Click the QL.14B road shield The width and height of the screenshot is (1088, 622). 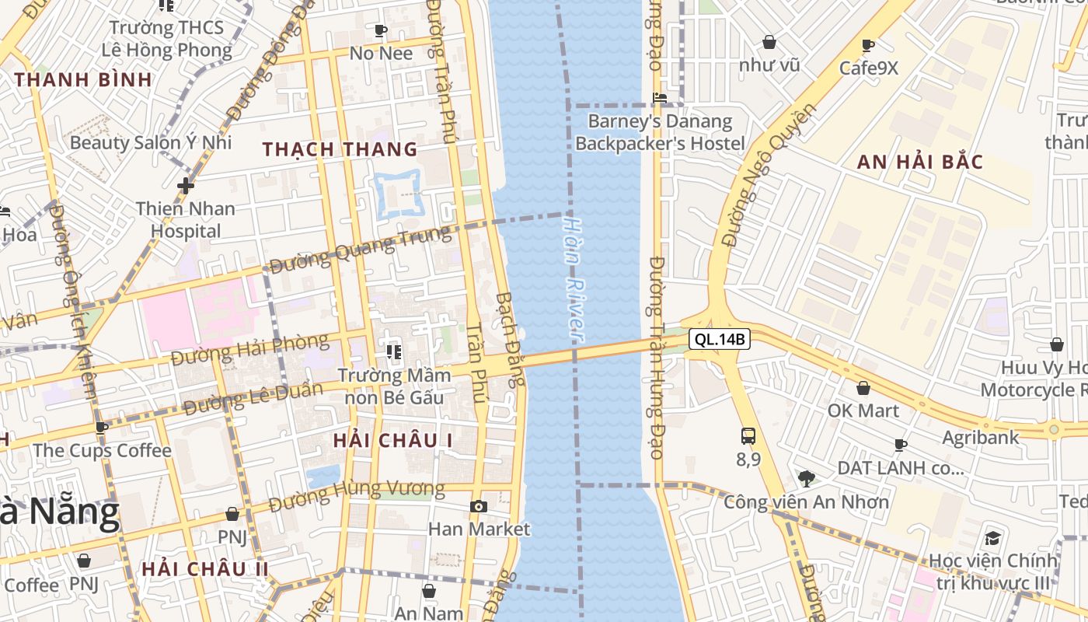click(x=719, y=339)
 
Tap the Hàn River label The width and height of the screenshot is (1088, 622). click(x=574, y=278)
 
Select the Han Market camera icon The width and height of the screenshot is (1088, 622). click(x=479, y=507)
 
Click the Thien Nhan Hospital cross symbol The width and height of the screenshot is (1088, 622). click(x=185, y=186)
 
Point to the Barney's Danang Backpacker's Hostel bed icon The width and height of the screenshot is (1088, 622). click(x=660, y=99)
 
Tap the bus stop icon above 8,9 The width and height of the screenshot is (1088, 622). click(x=748, y=436)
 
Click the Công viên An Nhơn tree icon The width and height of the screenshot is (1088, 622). click(x=807, y=479)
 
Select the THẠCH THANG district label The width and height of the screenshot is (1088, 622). click(x=340, y=149)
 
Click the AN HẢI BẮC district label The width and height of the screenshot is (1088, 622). click(x=920, y=162)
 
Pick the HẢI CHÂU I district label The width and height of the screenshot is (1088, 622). click(x=393, y=440)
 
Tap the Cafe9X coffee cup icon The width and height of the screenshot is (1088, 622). click(x=868, y=46)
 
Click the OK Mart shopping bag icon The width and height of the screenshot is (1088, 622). click(x=863, y=388)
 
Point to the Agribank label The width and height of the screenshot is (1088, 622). click(x=980, y=438)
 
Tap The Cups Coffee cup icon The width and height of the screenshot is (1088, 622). click(x=102, y=428)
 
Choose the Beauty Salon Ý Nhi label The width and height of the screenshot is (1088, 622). click(x=151, y=142)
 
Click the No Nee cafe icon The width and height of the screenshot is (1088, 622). click(x=381, y=31)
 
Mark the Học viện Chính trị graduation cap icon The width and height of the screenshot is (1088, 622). click(x=992, y=538)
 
